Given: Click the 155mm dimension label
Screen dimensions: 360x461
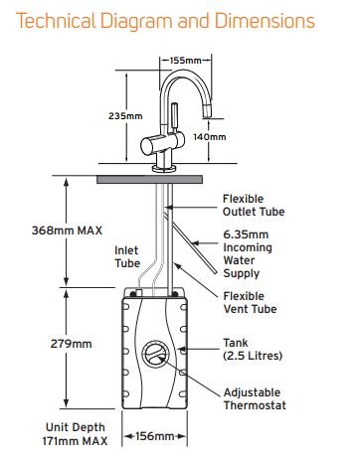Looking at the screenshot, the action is pos(185,61).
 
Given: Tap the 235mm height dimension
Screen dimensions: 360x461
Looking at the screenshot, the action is pos(125,116).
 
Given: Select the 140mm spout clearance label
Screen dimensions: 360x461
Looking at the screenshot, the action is pos(210,137).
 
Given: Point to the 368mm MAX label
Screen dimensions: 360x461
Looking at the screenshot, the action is pos(67,230).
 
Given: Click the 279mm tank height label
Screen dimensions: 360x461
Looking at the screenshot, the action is pos(71,344).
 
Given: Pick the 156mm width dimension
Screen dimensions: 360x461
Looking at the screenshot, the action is pos(154,436).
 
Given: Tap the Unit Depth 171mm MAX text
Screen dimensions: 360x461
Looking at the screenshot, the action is pos(75,434).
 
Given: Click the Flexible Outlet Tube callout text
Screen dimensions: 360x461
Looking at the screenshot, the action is pos(254,206).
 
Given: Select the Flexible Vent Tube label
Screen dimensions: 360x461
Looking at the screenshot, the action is pos(250,302).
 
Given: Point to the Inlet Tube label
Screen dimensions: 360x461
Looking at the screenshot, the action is pos(127,257).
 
